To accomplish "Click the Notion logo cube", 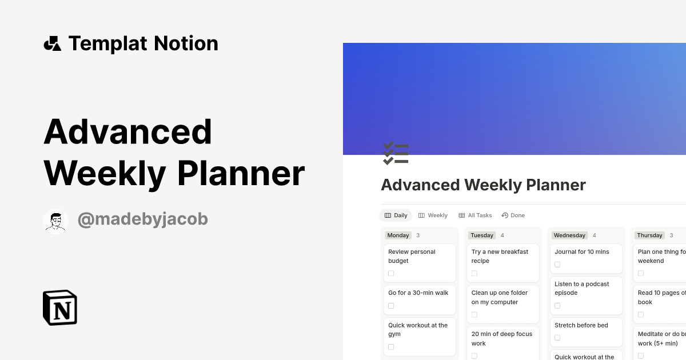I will click(60, 307).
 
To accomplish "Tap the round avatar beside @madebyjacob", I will click(55, 221).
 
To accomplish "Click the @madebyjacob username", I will click(142, 219).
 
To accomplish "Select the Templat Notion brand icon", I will click(53, 44).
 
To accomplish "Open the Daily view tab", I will click(396, 215).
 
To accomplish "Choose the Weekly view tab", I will click(433, 215).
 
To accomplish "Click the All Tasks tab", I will click(475, 215).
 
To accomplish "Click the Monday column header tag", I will click(398, 235).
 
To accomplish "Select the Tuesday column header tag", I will click(482, 235).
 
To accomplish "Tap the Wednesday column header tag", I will click(569, 235).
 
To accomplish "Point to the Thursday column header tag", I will click(649, 235).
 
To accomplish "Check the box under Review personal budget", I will click(391, 274).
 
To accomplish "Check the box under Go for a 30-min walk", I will click(391, 306).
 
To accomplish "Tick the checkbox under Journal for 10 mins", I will click(557, 265).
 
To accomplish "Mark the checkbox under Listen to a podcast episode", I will click(557, 306).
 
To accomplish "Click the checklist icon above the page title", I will click(396, 154).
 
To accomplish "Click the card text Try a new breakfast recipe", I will click(500, 256).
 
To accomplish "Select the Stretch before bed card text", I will click(581, 325).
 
